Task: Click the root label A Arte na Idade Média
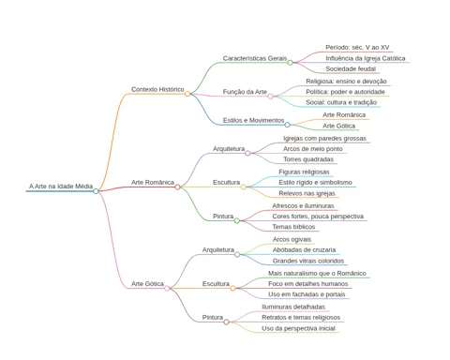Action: (x=61, y=187)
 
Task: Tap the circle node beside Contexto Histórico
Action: (x=187, y=94)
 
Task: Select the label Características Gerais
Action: (x=255, y=58)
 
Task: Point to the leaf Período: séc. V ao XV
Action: (x=357, y=48)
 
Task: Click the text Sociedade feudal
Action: (x=351, y=68)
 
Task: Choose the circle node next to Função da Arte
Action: (x=270, y=97)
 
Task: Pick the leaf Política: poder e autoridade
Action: (x=345, y=92)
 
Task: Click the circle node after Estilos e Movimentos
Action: (x=287, y=125)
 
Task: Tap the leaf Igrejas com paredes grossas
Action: (x=324, y=139)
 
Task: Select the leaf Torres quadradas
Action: (x=308, y=159)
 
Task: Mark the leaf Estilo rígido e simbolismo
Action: (x=315, y=183)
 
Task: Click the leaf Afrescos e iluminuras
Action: (x=303, y=206)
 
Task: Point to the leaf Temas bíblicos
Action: (x=293, y=227)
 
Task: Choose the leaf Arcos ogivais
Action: (x=292, y=240)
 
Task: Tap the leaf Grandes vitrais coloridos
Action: (x=308, y=261)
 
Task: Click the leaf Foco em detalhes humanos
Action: (x=308, y=284)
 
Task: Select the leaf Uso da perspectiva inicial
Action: (x=298, y=328)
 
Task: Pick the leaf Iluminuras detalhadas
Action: (x=293, y=307)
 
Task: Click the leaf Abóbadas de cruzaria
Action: (x=304, y=250)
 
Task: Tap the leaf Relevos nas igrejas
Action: (x=307, y=193)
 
